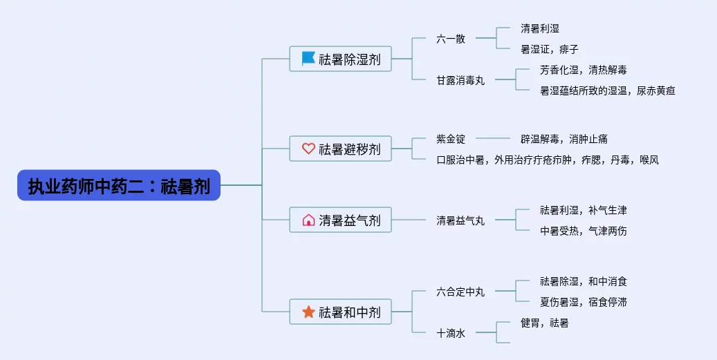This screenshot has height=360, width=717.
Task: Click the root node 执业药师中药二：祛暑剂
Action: [119, 185]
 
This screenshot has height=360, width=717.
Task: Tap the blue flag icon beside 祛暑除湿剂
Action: [308, 59]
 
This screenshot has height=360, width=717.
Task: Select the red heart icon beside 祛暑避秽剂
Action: [308, 149]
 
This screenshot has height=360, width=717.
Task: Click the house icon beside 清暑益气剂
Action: [308, 220]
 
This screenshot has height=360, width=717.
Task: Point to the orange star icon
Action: [308, 312]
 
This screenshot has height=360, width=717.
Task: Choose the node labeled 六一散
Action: [451, 39]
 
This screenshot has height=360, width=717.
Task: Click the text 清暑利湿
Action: [539, 28]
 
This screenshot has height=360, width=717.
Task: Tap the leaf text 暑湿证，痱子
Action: [550, 49]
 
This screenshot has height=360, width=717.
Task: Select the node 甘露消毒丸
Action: [460, 80]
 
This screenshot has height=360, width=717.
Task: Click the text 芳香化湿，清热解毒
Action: [584, 70]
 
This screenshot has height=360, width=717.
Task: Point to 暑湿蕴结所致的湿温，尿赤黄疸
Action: [608, 91]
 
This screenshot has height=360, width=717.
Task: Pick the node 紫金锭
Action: [451, 138]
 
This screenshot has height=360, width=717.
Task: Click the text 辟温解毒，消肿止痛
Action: [564, 138]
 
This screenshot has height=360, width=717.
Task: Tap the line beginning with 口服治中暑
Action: [548, 160]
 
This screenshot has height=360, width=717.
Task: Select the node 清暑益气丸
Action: [460, 220]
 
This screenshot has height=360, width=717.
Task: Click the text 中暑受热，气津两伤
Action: [584, 231]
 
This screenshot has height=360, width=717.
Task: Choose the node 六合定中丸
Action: [460, 292]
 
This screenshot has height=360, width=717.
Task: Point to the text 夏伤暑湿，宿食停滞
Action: [584, 301]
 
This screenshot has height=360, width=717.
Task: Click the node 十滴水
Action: [451, 333]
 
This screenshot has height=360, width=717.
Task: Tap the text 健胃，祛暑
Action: [545, 323]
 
